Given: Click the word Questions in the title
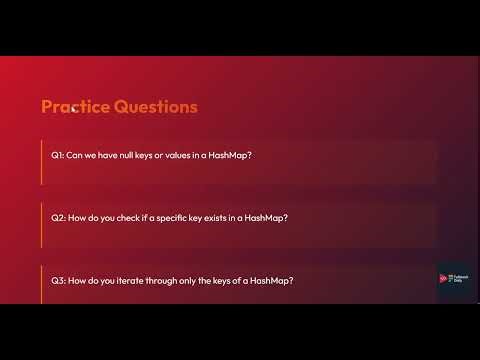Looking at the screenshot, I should click(155, 107).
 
